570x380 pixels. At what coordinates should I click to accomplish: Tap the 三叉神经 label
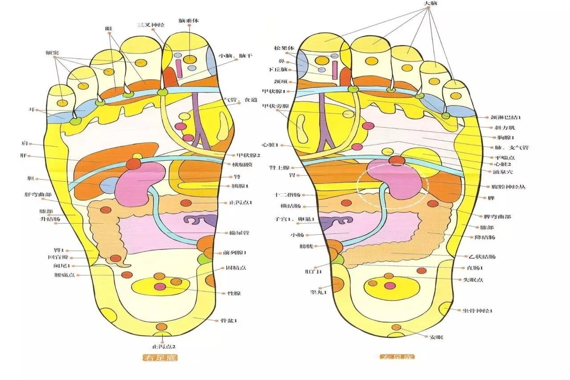tap(151, 25)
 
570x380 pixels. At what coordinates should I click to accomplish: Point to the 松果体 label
tap(282, 48)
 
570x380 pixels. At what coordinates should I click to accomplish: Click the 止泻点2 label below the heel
tap(163, 346)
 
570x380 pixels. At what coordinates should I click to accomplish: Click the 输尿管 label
tap(239, 233)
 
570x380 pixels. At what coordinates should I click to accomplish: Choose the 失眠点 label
tap(473, 280)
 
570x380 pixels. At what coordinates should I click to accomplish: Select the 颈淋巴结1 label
tap(506, 117)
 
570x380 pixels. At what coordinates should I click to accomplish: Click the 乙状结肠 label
tap(482, 257)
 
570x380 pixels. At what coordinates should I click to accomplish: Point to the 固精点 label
tap(236, 268)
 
